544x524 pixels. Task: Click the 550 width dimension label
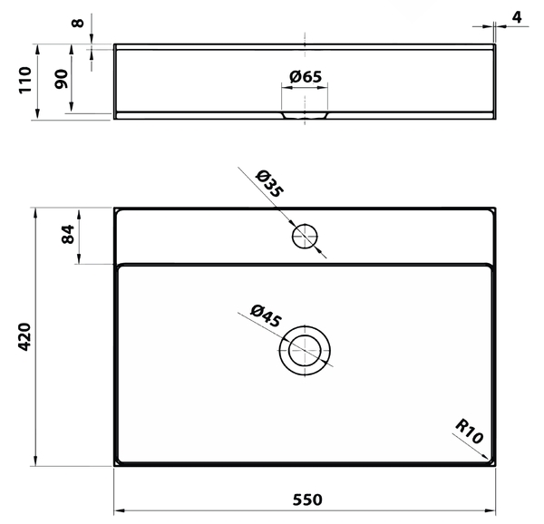pyautogui.click(x=307, y=500)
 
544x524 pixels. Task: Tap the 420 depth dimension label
pyautogui.click(x=24, y=337)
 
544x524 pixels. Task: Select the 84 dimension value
pyautogui.click(x=68, y=235)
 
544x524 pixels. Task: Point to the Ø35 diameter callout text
pyautogui.click(x=270, y=184)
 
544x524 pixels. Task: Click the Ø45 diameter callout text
pyautogui.click(x=266, y=315)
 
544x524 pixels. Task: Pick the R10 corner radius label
pyautogui.click(x=469, y=432)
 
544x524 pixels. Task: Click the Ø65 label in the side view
pyautogui.click(x=306, y=77)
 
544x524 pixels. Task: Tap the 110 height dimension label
pyautogui.click(x=25, y=80)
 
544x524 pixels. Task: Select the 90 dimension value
pyautogui.click(x=62, y=79)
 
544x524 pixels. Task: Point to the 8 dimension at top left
pyautogui.click(x=78, y=23)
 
